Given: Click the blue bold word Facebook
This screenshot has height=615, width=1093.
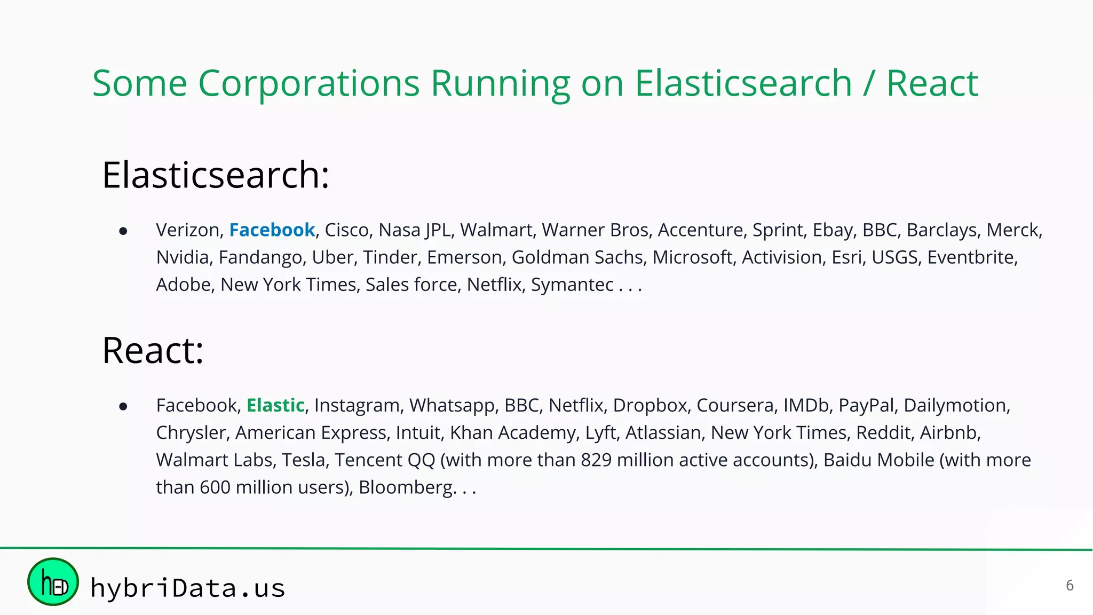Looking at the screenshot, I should (x=272, y=230).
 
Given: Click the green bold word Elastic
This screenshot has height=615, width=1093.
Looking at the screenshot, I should (x=275, y=405).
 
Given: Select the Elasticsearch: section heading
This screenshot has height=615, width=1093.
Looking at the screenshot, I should (x=216, y=175).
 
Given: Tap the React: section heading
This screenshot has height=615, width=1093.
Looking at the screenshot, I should (x=153, y=351).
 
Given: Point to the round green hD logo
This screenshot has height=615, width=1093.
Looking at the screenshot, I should (x=53, y=582).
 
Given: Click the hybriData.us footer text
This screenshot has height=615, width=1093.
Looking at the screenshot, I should (x=187, y=588).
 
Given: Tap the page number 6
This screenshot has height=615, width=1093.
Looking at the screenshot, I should (x=1070, y=586).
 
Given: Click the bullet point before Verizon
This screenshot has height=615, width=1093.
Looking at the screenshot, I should (x=123, y=231).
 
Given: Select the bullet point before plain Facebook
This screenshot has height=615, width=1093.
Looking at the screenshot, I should (x=123, y=407).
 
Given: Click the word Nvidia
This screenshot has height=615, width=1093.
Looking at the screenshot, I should (x=182, y=257).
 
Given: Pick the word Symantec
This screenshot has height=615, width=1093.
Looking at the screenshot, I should (x=572, y=285).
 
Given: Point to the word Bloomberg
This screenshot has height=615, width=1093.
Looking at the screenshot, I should (x=405, y=487).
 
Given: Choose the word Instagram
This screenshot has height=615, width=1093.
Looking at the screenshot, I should (x=356, y=406).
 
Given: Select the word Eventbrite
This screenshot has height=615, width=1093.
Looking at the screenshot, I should (x=971, y=257).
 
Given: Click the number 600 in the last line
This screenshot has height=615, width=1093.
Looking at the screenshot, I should (x=215, y=487).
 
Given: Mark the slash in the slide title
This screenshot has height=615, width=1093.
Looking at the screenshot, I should (x=869, y=84).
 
